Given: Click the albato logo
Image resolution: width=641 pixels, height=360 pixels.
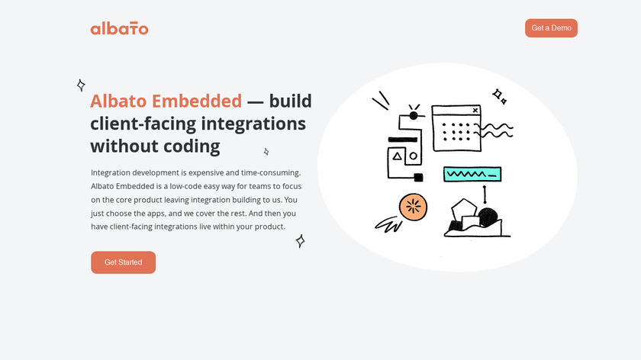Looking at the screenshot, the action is pyautogui.click(x=119, y=29).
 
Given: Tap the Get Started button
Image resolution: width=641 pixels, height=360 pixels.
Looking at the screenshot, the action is pyautogui.click(x=123, y=262).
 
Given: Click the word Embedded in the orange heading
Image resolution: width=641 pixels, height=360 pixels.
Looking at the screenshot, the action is pyautogui.click(x=197, y=101).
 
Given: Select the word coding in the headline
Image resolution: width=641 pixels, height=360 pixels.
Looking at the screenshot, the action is pyautogui.click(x=192, y=146).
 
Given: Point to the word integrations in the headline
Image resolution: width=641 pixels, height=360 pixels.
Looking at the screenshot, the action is pyautogui.click(x=253, y=124).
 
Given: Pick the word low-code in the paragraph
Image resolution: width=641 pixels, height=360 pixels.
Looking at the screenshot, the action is pyautogui.click(x=185, y=186).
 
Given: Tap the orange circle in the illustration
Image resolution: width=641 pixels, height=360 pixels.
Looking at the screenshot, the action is pyautogui.click(x=413, y=207).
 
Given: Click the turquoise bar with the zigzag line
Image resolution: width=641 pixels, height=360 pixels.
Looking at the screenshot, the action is pyautogui.click(x=472, y=174).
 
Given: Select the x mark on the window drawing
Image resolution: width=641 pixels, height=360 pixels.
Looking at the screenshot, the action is pyautogui.click(x=475, y=111).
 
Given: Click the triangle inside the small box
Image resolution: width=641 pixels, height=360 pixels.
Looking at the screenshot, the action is pyautogui.click(x=397, y=156).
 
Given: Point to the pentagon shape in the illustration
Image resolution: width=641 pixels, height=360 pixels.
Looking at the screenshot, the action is pyautogui.click(x=464, y=211).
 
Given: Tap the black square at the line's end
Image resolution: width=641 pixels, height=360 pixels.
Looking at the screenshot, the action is pyautogui.click(x=418, y=178).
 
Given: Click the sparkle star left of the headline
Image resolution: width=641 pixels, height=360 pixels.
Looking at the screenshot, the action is pyautogui.click(x=81, y=85).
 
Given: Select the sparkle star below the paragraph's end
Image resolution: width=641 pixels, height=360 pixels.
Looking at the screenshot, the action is pyautogui.click(x=300, y=241).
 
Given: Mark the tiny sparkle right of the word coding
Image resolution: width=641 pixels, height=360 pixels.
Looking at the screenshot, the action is pyautogui.click(x=266, y=152).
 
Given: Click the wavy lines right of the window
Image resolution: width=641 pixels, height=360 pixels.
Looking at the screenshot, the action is pyautogui.click(x=494, y=130).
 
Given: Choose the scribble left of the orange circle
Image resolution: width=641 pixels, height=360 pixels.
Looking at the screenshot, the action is pyautogui.click(x=388, y=225).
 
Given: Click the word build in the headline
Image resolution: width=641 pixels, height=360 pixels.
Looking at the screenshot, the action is pyautogui.click(x=290, y=101).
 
